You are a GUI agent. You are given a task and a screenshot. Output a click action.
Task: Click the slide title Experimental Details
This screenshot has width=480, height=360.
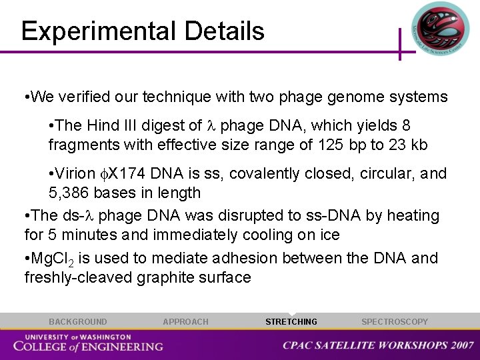tap(143, 31)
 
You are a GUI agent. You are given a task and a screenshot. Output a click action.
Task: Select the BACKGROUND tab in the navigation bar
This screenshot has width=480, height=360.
tap(77, 322)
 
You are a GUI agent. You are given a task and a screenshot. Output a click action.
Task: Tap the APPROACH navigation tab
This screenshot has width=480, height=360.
tap(185, 322)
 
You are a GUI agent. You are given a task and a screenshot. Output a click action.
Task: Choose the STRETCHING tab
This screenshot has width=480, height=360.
tap(291, 322)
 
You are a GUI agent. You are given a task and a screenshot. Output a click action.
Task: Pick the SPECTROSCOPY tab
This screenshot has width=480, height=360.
tap(395, 322)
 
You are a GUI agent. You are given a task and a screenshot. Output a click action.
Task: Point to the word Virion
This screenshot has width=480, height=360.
tap(76, 174)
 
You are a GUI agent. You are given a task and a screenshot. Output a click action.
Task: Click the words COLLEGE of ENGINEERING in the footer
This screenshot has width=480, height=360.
tap(88, 346)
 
